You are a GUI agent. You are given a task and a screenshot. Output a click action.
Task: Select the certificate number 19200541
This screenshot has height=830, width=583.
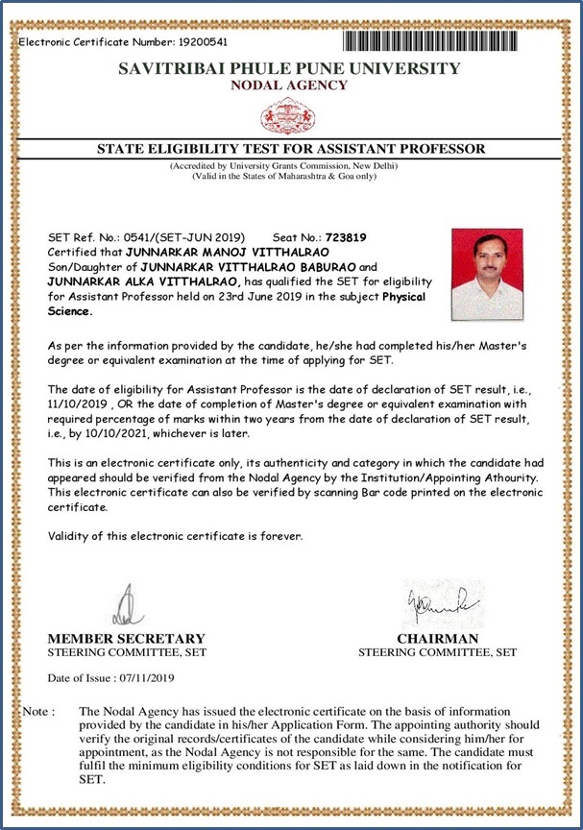click(201, 42)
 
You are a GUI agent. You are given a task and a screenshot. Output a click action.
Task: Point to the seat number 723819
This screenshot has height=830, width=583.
click(347, 236)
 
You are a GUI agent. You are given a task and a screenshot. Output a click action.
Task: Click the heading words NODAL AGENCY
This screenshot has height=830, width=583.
click(290, 85)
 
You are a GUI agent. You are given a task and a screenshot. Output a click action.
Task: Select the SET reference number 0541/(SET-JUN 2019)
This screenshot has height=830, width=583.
click(184, 236)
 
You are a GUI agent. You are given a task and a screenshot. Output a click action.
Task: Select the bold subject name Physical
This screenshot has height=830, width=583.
click(403, 297)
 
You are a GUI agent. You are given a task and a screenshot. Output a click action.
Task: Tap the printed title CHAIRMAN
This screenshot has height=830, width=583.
click(437, 639)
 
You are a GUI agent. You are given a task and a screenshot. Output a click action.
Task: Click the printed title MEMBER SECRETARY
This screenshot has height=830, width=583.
click(126, 639)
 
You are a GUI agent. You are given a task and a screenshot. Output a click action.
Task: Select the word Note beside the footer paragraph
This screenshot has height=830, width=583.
click(36, 712)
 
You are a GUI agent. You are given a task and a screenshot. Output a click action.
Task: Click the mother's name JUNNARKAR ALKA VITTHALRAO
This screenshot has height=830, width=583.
click(142, 281)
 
